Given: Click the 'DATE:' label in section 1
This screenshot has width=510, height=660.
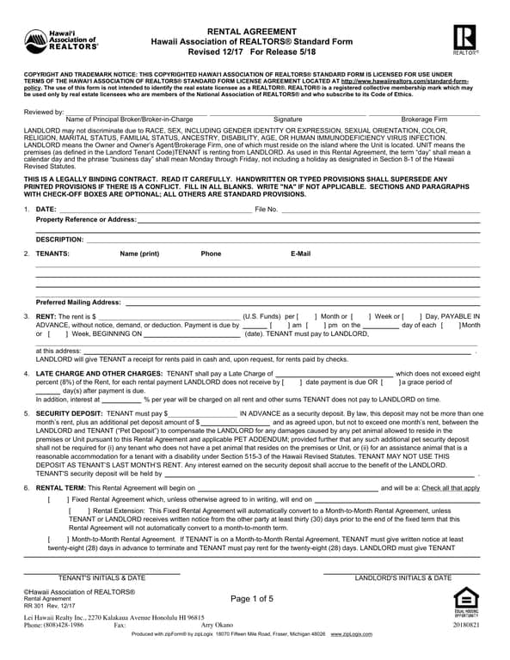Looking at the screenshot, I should pos(46,210).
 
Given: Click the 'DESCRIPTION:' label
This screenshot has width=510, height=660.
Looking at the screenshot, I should pos(59,239).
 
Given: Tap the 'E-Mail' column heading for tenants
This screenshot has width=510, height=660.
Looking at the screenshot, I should pos(301,254).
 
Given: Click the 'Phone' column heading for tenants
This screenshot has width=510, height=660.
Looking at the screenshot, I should pos(211,254).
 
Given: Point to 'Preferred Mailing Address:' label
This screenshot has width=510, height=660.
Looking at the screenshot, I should pos(78,302).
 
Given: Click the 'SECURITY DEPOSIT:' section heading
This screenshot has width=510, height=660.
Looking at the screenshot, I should pos(68,413).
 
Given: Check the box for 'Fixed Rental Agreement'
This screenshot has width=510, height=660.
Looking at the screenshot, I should pos(55,499).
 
